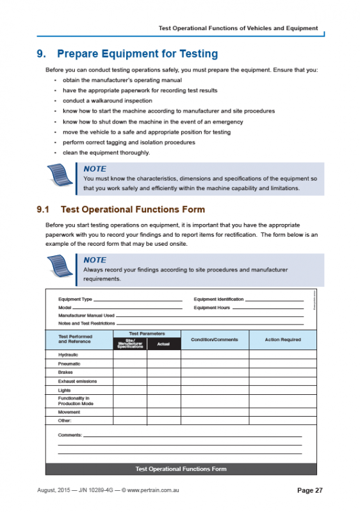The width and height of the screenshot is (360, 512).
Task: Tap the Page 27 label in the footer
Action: pyautogui.click(x=310, y=490)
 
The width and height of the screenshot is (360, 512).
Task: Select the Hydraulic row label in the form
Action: pyautogui.click(x=68, y=354)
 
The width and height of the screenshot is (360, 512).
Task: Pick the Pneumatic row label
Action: pyautogui.click(x=69, y=363)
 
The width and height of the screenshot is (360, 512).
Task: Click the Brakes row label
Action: pyautogui.click(x=65, y=372)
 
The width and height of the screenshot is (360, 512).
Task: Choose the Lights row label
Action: pyautogui.click(x=65, y=390)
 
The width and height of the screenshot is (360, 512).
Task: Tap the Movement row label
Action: pyautogui.click(x=69, y=412)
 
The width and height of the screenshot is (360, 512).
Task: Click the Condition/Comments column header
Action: pyautogui.click(x=215, y=340)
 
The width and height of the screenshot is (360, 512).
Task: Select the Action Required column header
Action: pyautogui.click(x=282, y=340)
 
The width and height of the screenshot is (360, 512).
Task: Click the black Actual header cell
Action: pyautogui.click(x=163, y=344)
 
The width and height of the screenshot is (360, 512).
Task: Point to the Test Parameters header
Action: pyautogui.click(x=147, y=333)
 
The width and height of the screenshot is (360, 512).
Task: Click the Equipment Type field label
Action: pyautogui.click(x=75, y=299)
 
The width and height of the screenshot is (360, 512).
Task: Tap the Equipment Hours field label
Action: pyautogui.click(x=212, y=307)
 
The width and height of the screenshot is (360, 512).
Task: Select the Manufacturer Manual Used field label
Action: pyautogui.click(x=86, y=316)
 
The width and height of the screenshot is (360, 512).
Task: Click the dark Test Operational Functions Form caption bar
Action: pyautogui.click(x=181, y=468)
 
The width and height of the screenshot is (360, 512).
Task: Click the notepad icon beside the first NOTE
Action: pyautogui.click(x=63, y=177)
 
